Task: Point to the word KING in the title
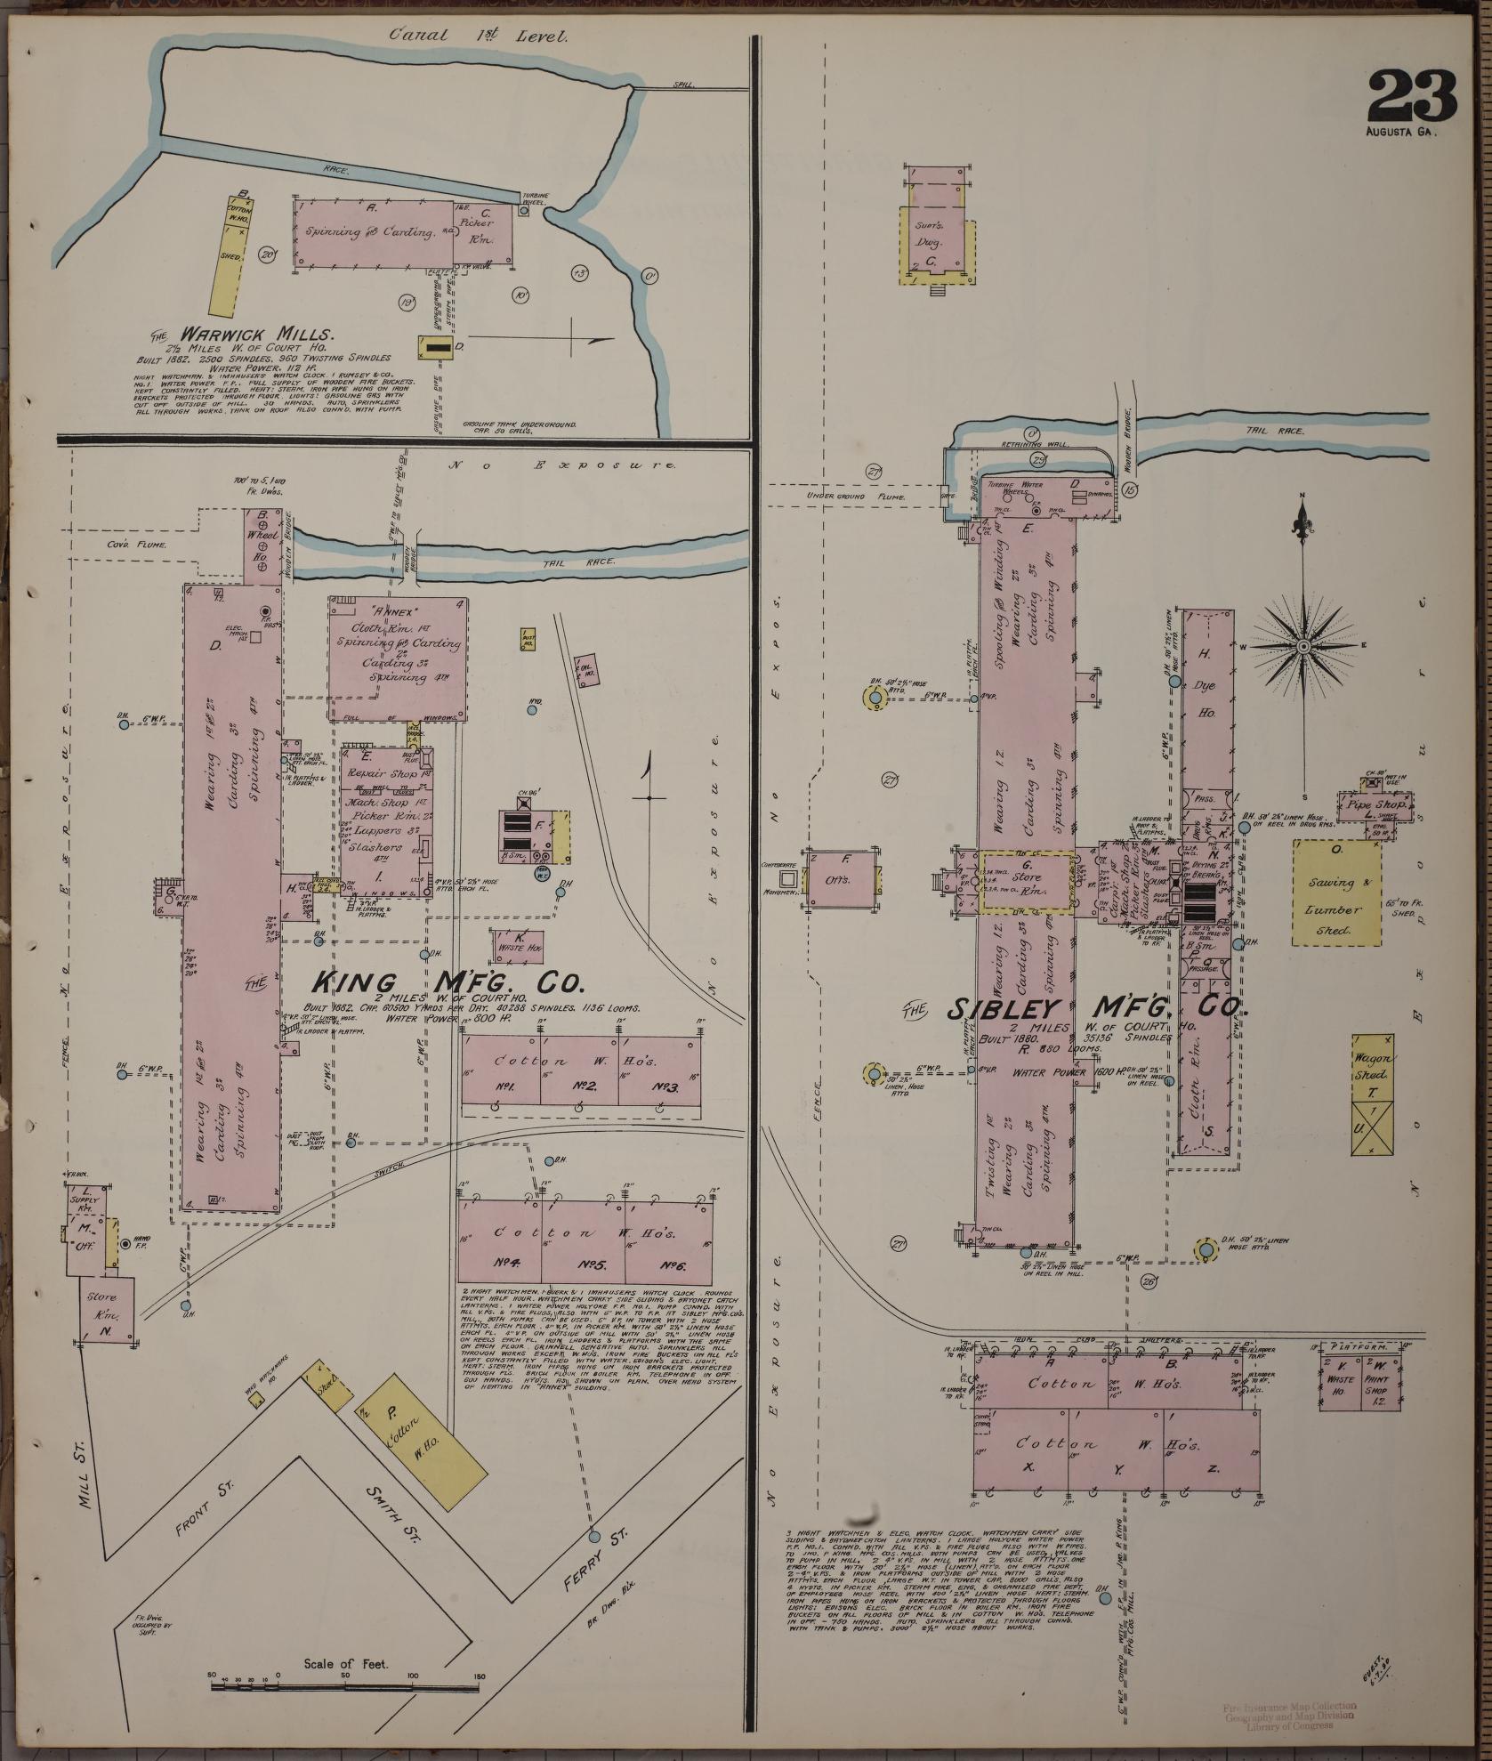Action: click(353, 982)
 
